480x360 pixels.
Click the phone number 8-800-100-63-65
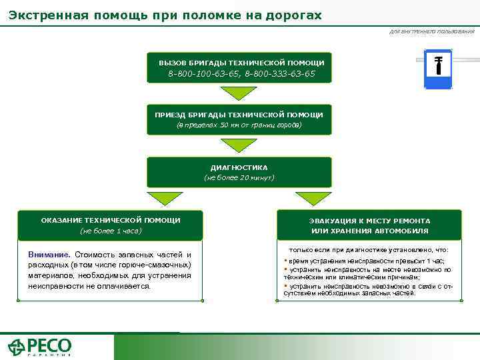203,73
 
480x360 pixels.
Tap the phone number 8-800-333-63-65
280,73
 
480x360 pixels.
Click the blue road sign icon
438,69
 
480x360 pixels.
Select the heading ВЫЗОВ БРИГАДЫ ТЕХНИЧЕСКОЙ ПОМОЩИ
241,63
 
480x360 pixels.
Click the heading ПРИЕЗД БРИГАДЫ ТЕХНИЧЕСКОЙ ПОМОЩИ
239,115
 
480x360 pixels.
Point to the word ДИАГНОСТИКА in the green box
239,167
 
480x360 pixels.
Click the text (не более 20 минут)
239,178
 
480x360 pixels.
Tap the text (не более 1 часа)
111,231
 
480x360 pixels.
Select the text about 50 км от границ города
239,125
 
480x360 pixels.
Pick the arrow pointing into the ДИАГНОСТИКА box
239,145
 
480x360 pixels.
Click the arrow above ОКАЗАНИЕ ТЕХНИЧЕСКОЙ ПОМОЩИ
165,198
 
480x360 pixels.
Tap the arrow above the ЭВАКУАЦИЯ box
313,198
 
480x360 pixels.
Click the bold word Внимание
49,255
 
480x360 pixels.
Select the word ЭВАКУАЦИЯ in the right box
331,221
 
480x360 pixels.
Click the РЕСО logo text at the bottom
49,345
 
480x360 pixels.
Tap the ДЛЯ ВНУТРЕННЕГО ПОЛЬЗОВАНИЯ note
432,31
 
